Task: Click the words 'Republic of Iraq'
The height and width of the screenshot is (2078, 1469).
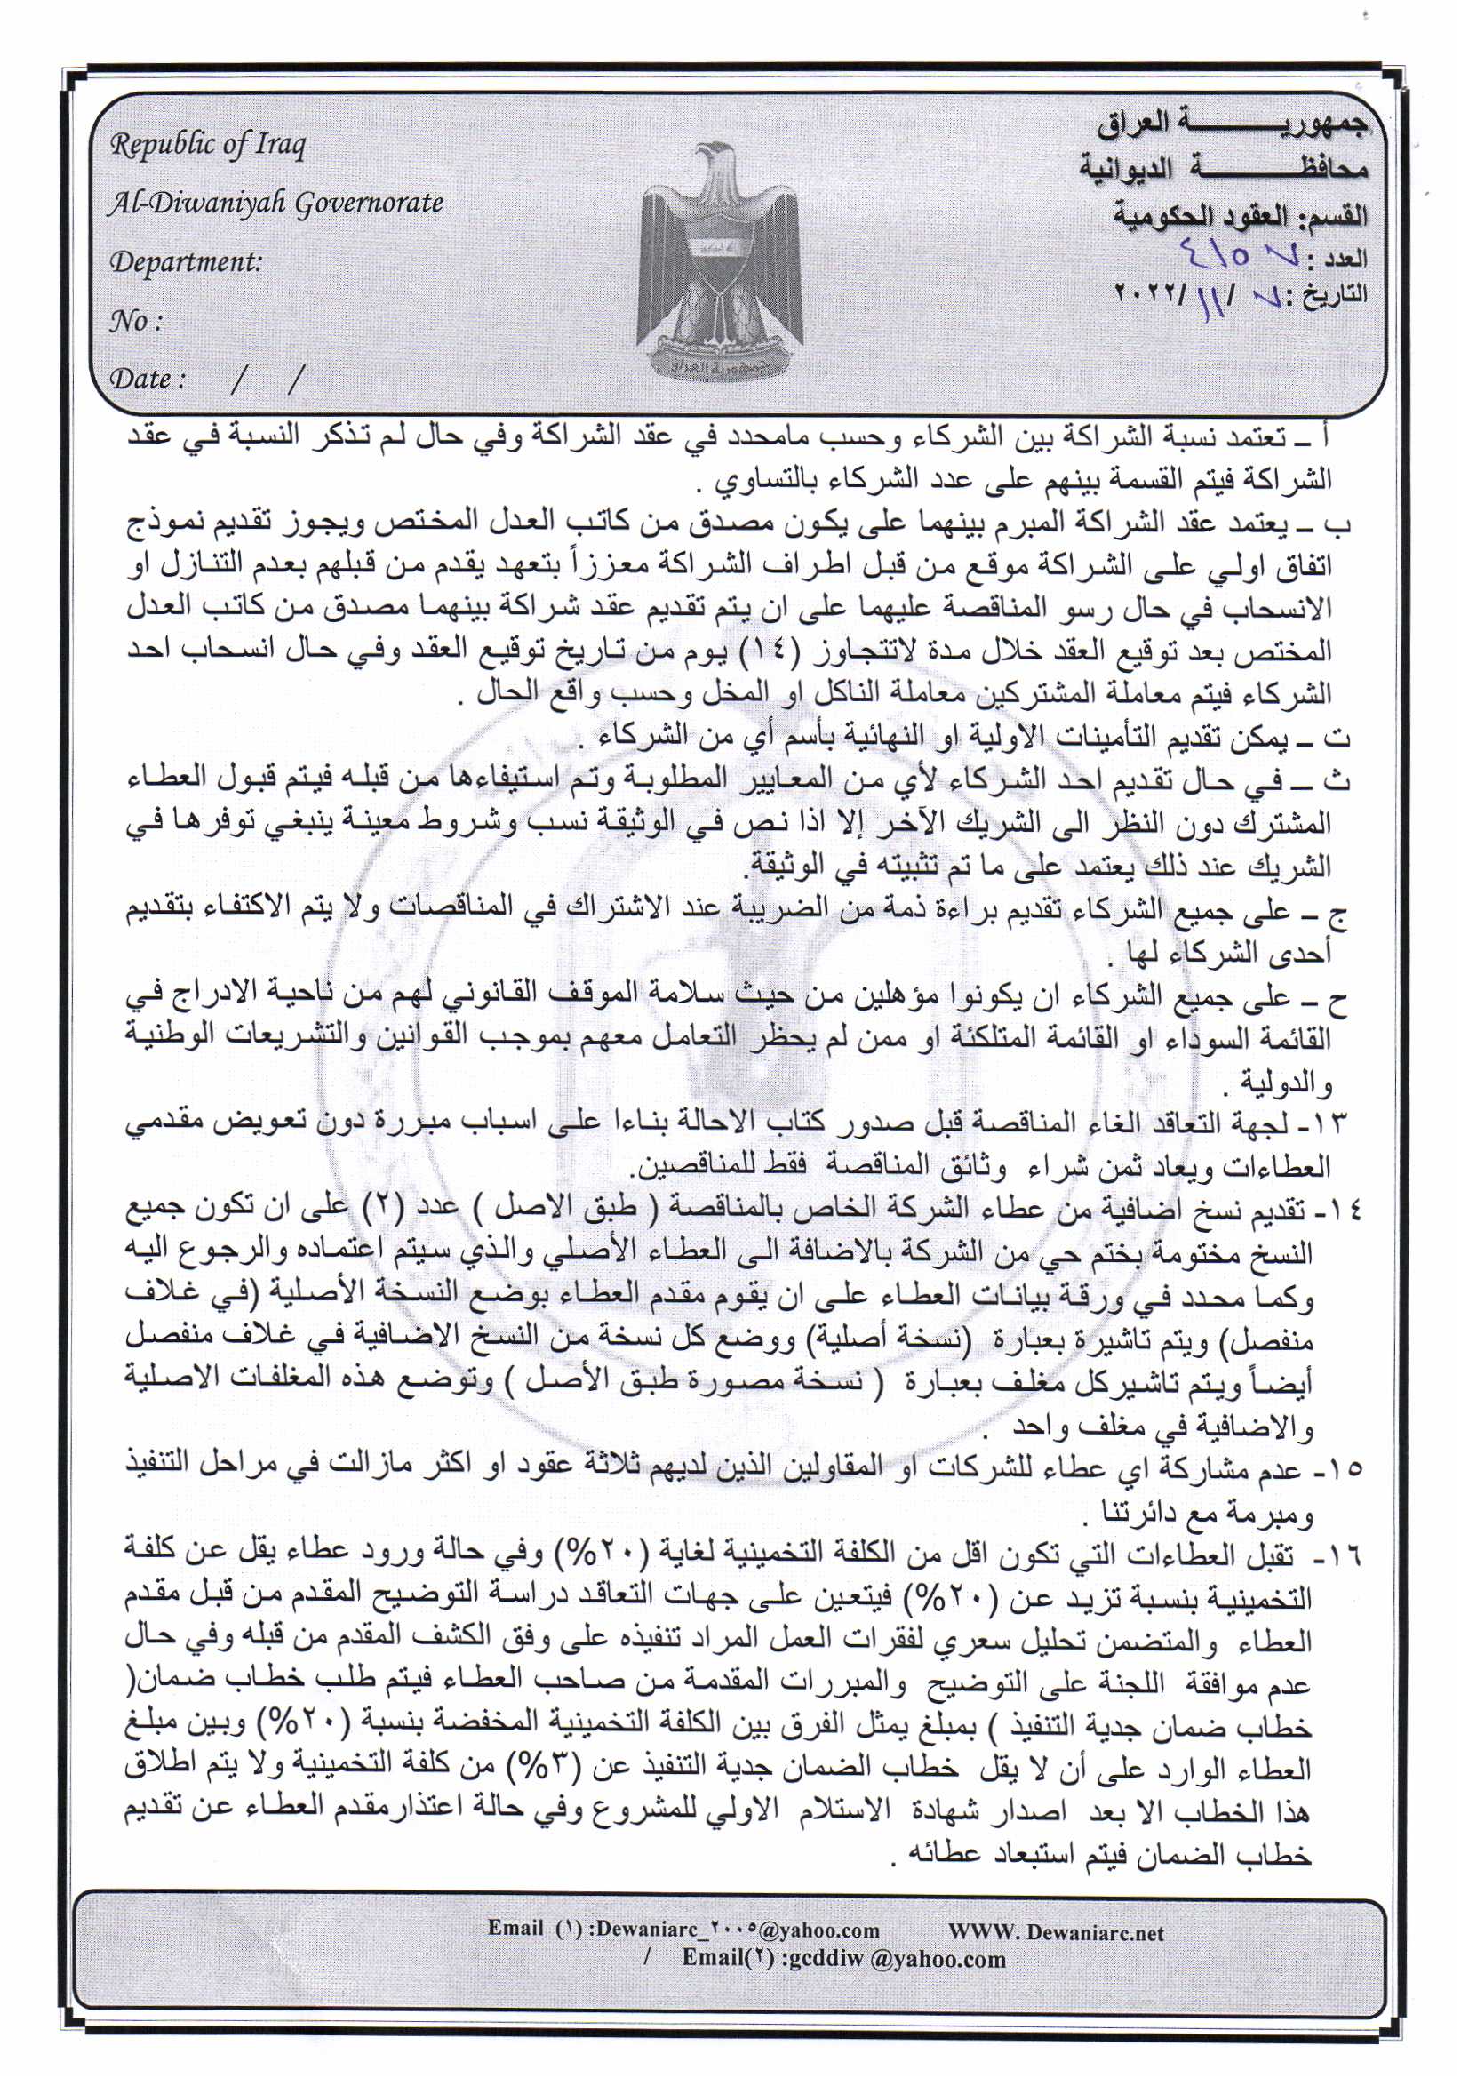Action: pos(208,145)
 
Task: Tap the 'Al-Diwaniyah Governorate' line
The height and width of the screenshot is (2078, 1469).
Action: pos(275,203)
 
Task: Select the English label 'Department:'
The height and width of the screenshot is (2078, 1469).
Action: pos(186,261)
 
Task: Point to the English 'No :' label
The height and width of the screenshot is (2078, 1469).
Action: pos(136,320)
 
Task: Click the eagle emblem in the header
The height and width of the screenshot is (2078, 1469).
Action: pos(720,262)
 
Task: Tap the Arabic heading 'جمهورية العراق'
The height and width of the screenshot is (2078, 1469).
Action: pos(1232,124)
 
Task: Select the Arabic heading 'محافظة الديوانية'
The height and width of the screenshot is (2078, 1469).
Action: pos(1223,169)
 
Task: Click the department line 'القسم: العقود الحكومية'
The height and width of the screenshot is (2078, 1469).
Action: pos(1240,215)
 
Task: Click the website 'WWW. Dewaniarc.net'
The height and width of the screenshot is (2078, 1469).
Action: pos(1056,1932)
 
